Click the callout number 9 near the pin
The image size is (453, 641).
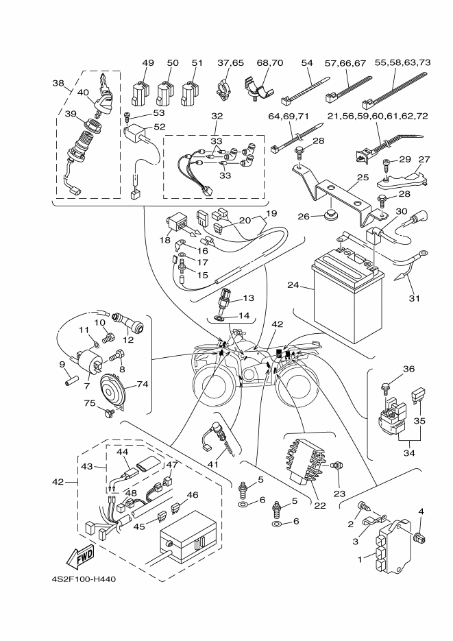tap(62, 364)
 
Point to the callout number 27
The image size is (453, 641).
tap(424, 159)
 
